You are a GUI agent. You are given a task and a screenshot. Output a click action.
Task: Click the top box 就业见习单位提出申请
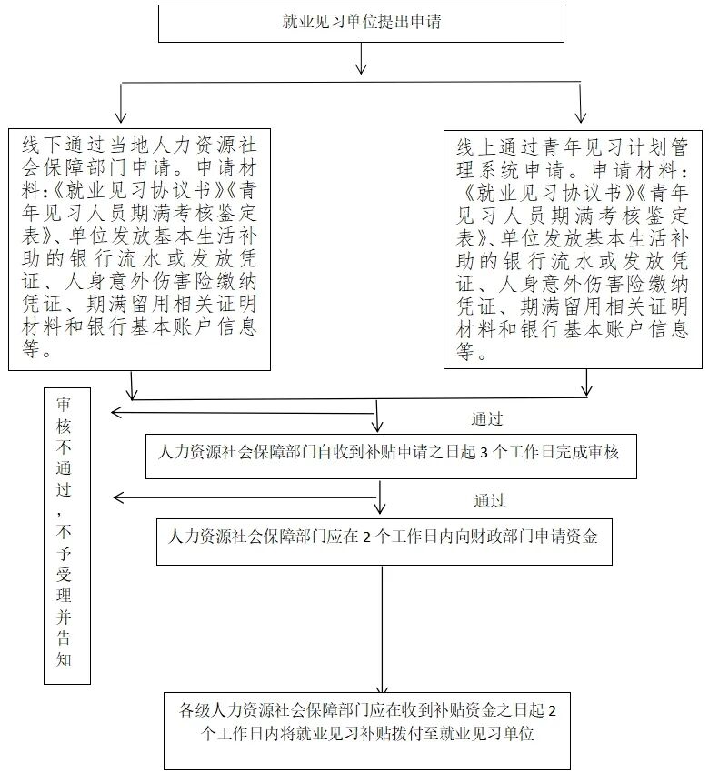tap(362, 23)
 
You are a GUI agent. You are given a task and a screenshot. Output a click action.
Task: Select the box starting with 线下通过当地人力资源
tap(139, 248)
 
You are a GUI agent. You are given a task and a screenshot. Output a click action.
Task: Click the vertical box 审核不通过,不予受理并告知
tap(67, 537)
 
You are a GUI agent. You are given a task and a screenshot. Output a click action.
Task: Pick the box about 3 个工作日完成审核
tap(390, 452)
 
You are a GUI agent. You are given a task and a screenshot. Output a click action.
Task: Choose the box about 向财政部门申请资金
tap(383, 537)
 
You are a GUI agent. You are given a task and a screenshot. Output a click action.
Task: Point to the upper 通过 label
tap(487, 419)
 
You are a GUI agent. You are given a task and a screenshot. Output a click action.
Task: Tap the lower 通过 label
tap(489, 501)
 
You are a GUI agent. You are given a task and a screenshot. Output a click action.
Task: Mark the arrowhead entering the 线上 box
tap(581, 116)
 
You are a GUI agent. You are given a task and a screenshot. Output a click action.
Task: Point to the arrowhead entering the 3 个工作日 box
tap(379, 427)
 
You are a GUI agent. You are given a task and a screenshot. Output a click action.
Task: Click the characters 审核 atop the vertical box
tap(65, 414)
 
